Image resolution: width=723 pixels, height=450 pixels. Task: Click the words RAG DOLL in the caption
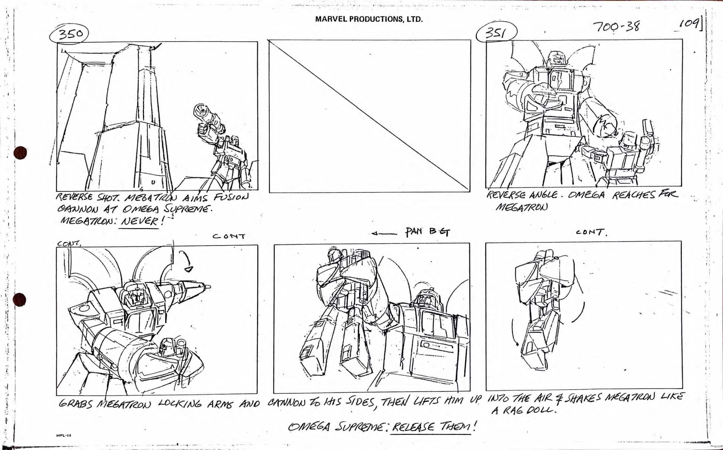(525, 411)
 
